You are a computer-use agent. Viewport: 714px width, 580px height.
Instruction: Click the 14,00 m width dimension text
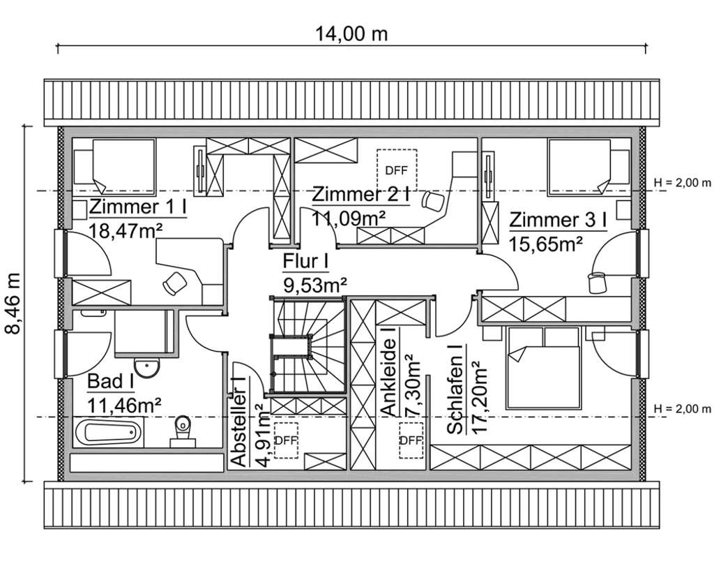pyautogui.click(x=351, y=34)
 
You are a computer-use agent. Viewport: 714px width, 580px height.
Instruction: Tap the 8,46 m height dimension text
pyautogui.click(x=13, y=304)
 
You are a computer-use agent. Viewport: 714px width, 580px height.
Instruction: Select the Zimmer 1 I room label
pyautogui.click(x=138, y=207)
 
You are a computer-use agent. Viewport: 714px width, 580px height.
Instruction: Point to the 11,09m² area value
pyautogui.click(x=349, y=218)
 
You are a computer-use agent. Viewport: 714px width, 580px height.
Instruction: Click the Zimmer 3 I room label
pyautogui.click(x=558, y=221)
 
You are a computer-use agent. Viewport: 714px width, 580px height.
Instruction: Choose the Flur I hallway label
pyautogui.click(x=305, y=262)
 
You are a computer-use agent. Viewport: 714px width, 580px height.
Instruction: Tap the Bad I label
pyautogui.click(x=111, y=381)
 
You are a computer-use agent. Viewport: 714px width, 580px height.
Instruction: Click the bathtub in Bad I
pyautogui.click(x=108, y=431)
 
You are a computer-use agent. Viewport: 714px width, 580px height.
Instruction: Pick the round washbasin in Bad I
pyautogui.click(x=146, y=368)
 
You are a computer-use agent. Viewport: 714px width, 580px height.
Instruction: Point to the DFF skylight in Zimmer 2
pyautogui.click(x=396, y=170)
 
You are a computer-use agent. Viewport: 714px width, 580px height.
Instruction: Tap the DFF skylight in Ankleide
pyautogui.click(x=411, y=440)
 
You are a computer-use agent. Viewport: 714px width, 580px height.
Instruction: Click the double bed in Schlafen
pyautogui.click(x=544, y=368)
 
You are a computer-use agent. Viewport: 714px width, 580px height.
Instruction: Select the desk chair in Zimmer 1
pyautogui.click(x=175, y=283)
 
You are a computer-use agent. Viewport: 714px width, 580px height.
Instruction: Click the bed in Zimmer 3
pyautogui.click(x=579, y=168)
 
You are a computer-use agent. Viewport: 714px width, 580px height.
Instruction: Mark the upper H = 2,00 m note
pyautogui.click(x=682, y=183)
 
